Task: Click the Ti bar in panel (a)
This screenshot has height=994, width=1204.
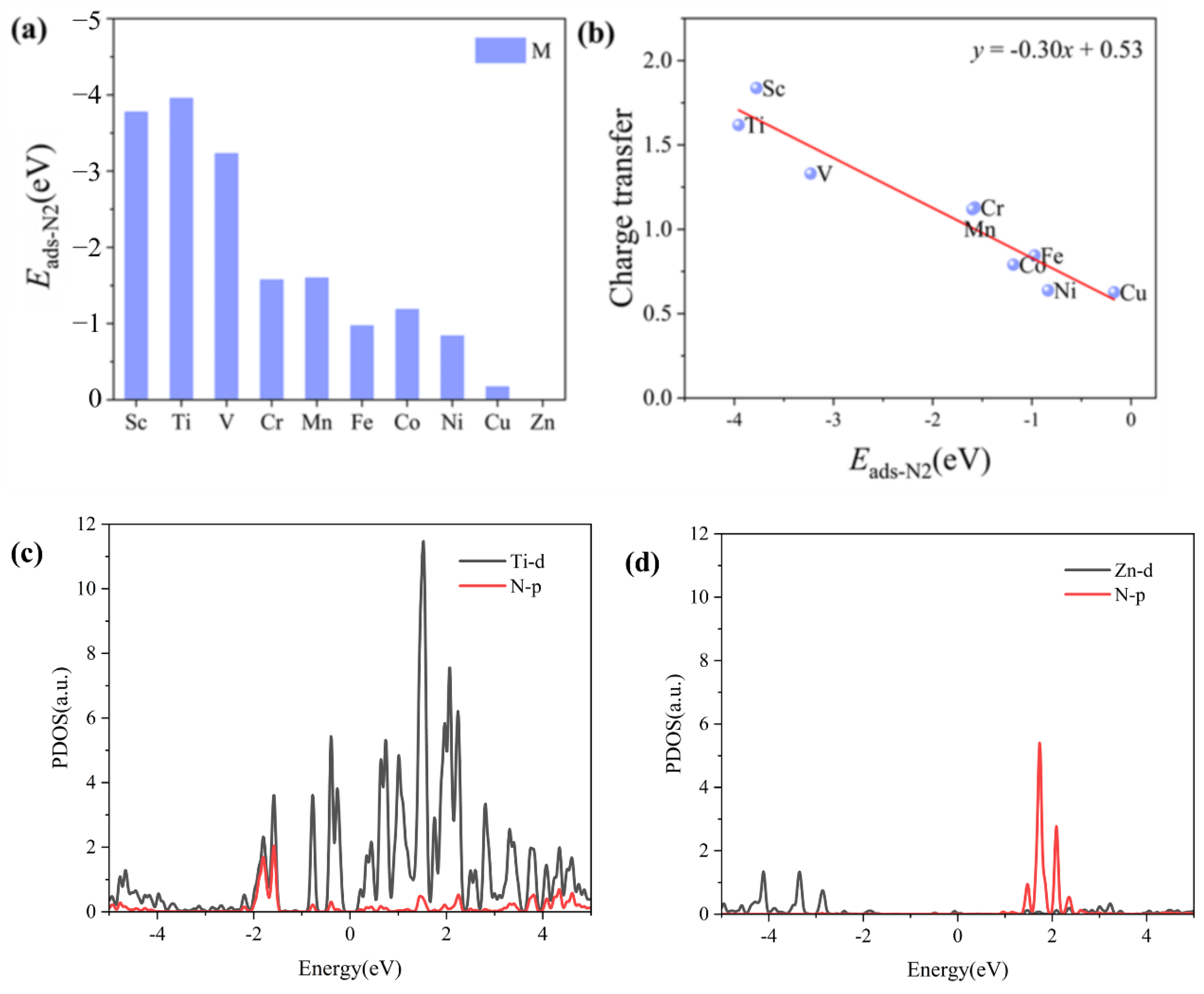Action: (181, 248)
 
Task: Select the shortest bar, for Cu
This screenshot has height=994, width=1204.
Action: (497, 393)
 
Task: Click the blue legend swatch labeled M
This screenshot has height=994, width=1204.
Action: (500, 50)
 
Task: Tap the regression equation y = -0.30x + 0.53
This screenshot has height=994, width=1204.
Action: (1057, 50)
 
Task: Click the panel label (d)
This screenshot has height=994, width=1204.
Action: (642, 563)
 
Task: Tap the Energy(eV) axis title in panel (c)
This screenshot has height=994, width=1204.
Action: (350, 969)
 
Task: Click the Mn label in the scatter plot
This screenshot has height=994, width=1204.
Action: (980, 229)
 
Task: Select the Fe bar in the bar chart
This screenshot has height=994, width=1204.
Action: (362, 362)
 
